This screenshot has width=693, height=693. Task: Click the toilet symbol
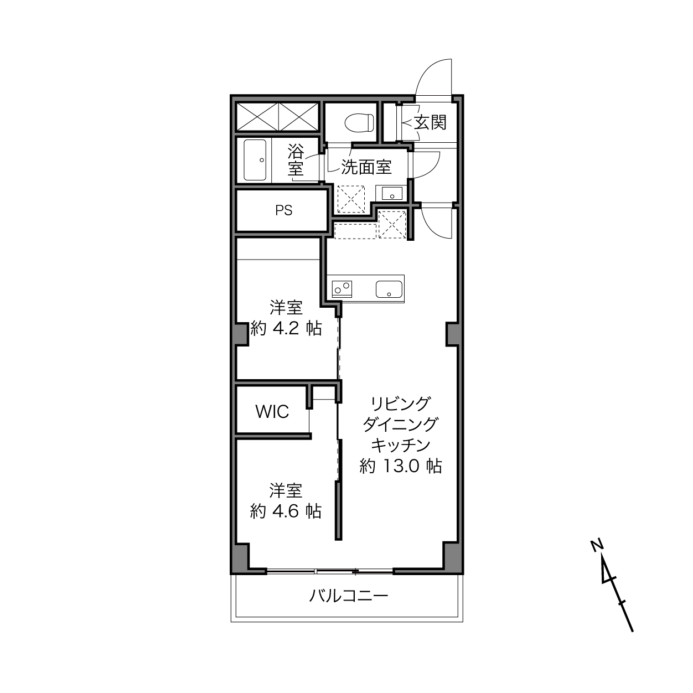point(359,123)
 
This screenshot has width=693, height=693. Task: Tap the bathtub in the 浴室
point(255,160)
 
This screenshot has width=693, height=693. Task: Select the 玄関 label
point(430,123)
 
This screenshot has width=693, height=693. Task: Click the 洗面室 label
point(366,167)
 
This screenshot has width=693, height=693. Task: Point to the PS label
point(284,210)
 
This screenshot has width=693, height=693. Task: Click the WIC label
point(272,412)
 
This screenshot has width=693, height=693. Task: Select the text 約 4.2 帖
point(286,328)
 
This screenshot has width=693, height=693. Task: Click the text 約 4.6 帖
point(286,511)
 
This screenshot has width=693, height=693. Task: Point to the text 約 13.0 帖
point(401,466)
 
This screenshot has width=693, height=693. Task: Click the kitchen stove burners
point(342,289)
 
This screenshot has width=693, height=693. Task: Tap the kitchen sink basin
point(389,289)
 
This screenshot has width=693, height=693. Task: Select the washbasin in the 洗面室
point(392,193)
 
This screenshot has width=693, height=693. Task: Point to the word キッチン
point(401,445)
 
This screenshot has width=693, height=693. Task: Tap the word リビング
point(401,404)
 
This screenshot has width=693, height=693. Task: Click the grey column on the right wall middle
point(453,334)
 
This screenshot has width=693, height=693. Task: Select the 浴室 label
point(296,160)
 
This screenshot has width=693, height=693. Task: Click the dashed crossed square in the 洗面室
point(350,199)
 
